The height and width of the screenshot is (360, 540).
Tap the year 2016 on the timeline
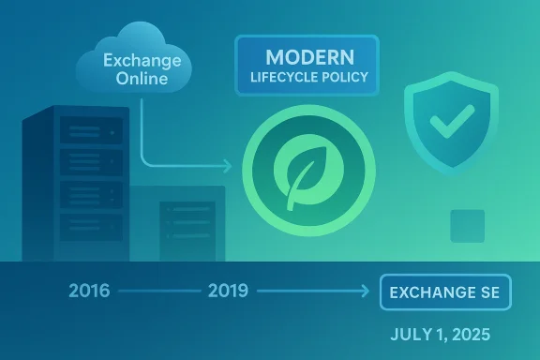(x=89, y=291)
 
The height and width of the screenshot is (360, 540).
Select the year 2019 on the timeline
(x=228, y=291)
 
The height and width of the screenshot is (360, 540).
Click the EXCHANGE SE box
(x=444, y=292)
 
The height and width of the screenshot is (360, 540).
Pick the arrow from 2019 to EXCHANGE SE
(x=314, y=292)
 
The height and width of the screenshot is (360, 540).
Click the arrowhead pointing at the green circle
(x=226, y=168)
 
